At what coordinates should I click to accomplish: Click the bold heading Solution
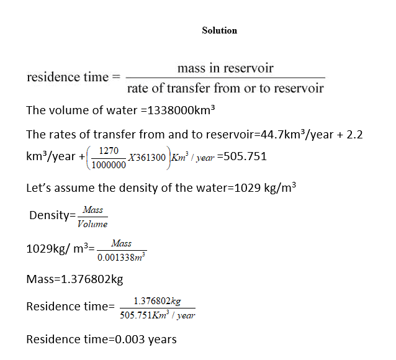pyautogui.click(x=219, y=30)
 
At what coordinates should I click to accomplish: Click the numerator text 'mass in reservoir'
pyautogui.click(x=225, y=68)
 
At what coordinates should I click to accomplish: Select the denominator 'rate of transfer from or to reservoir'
pyautogui.click(x=225, y=88)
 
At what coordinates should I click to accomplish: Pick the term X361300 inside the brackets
pyautogui.click(x=146, y=157)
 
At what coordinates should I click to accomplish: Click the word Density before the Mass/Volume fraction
pyautogui.click(x=50, y=215)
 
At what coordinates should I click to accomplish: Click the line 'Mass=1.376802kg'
pyautogui.click(x=74, y=279)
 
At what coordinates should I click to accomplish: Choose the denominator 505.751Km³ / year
pyautogui.click(x=157, y=315)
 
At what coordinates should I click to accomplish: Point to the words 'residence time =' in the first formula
pyautogui.click(x=73, y=78)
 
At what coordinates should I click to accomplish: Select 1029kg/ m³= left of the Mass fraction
pyautogui.click(x=61, y=249)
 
